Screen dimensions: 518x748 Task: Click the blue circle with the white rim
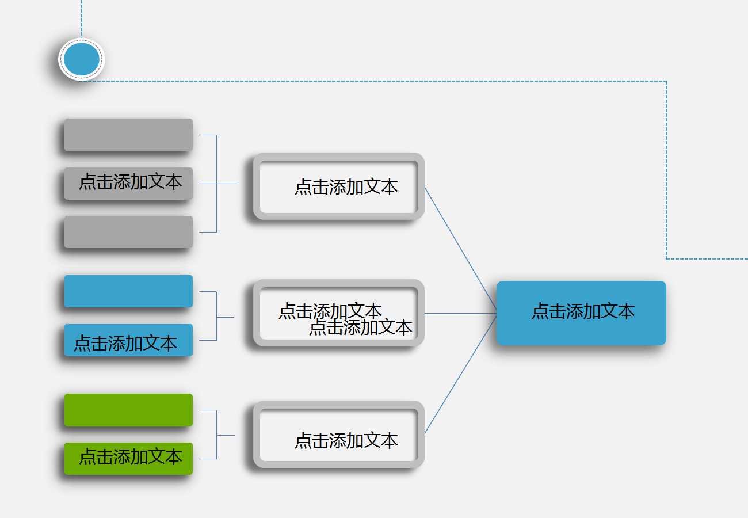click(82, 59)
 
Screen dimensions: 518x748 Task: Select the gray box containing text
click(128, 184)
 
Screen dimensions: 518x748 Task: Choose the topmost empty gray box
click(128, 135)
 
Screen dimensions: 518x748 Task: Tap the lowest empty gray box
click(128, 232)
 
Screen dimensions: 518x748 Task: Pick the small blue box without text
click(128, 291)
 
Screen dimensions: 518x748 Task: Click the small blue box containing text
click(128, 340)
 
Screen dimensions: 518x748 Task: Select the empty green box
click(128, 410)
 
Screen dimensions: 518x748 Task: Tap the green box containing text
click(128, 459)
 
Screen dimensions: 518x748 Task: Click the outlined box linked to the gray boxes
click(339, 186)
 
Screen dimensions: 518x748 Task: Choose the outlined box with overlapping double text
click(339, 313)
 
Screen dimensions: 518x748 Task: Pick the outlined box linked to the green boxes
click(339, 435)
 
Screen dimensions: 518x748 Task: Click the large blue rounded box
click(581, 313)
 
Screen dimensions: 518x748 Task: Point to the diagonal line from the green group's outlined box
click(460, 374)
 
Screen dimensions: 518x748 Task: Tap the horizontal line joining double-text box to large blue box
click(460, 313)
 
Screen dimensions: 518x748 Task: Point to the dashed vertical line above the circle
click(82, 17)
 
